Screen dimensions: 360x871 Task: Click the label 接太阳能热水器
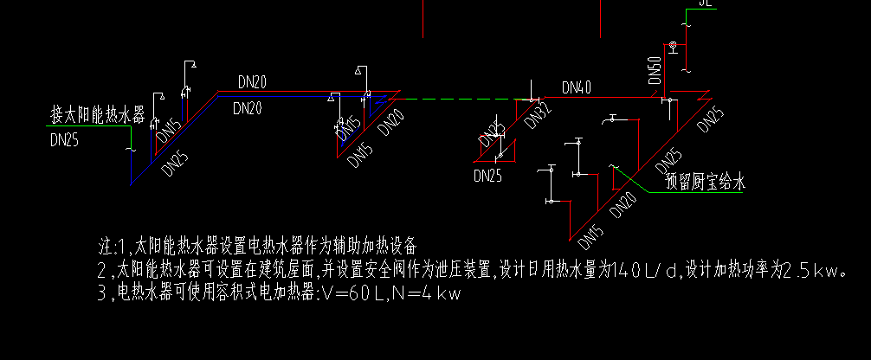pyautogui.click(x=97, y=114)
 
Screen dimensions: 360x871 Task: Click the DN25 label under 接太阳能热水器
pyautogui.click(x=64, y=139)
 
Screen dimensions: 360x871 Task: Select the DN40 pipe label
pyautogui.click(x=577, y=87)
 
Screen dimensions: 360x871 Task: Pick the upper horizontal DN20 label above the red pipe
pyautogui.click(x=252, y=82)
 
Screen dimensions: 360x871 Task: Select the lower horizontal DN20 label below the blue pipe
pyautogui.click(x=248, y=107)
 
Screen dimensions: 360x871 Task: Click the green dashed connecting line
pyautogui.click(x=459, y=99)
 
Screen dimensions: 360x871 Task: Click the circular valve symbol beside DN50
pyautogui.click(x=671, y=44)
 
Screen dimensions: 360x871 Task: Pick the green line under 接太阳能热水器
pyautogui.click(x=91, y=126)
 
